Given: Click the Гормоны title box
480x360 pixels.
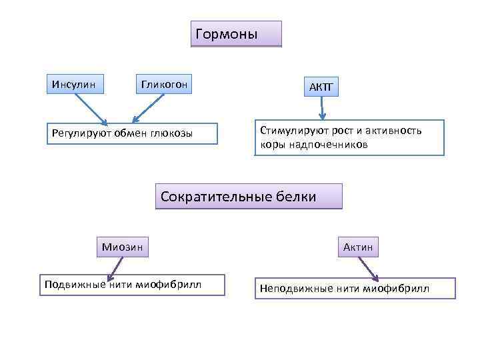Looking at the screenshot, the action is click(x=236, y=34).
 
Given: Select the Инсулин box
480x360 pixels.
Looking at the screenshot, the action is click(x=74, y=84).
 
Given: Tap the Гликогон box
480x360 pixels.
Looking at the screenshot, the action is click(x=163, y=84).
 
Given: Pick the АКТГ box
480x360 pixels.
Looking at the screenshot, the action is click(x=322, y=87).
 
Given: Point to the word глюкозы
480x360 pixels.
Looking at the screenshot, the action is click(x=171, y=133).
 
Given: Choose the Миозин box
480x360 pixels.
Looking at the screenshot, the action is click(x=122, y=247).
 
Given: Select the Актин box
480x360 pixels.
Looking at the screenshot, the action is click(x=358, y=247).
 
